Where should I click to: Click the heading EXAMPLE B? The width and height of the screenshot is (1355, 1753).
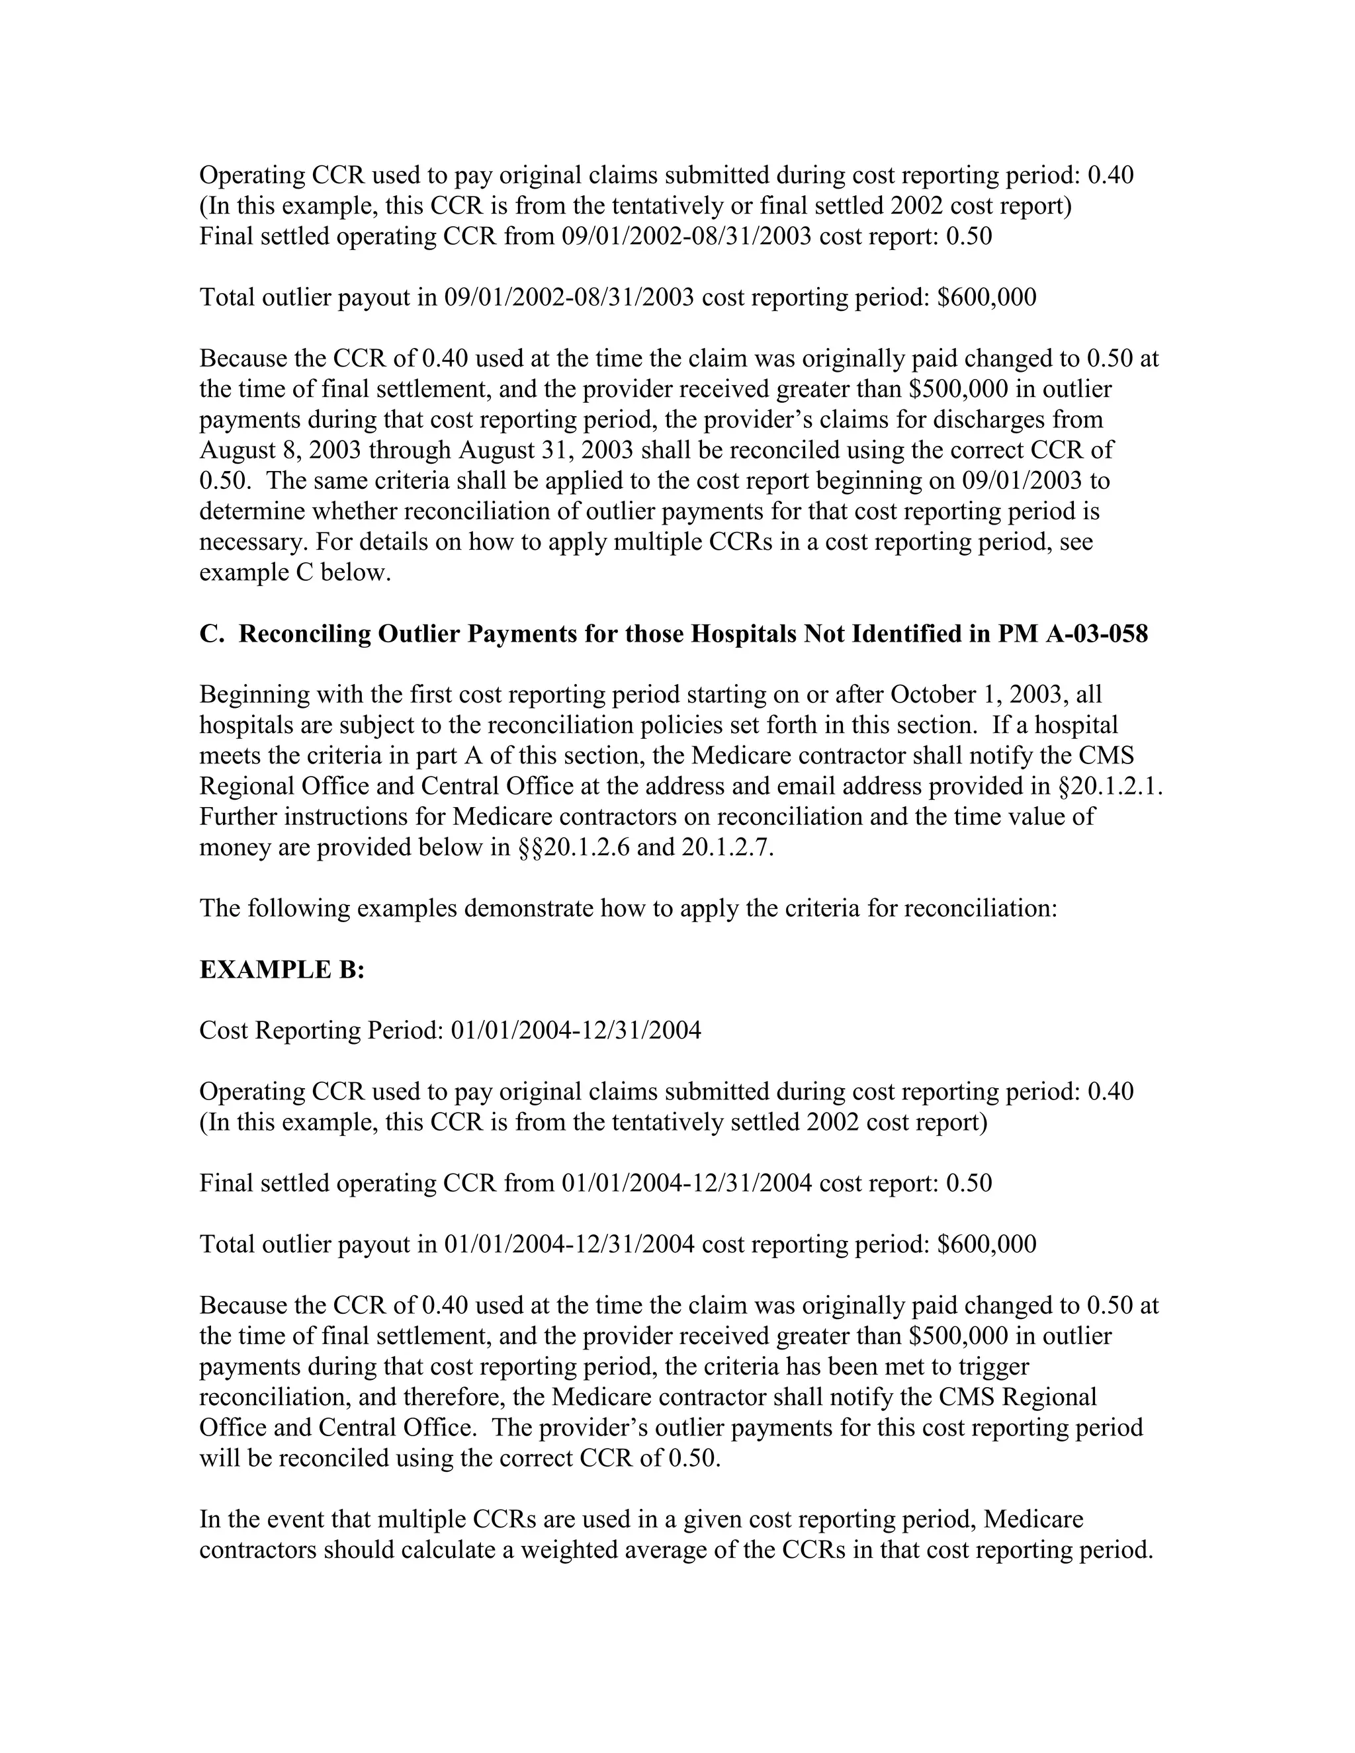(x=282, y=970)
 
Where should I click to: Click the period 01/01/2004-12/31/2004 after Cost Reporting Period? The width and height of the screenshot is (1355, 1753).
(x=576, y=1031)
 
